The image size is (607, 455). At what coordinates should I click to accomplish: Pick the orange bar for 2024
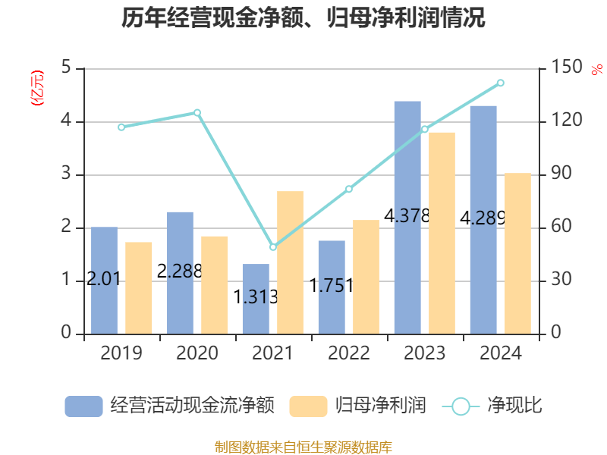click(517, 253)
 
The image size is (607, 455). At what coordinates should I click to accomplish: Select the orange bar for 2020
click(214, 284)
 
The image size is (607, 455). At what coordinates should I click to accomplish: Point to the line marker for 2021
click(273, 247)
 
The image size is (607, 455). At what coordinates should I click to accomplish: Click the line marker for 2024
click(501, 83)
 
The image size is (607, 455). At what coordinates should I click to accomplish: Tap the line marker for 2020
click(197, 113)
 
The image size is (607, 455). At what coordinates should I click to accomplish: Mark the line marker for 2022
click(349, 189)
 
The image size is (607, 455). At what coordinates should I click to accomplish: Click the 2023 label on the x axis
click(425, 353)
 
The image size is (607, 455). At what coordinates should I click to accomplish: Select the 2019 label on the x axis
click(121, 353)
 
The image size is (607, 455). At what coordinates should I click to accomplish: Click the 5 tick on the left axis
click(66, 68)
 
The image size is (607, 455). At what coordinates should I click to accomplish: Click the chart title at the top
click(303, 18)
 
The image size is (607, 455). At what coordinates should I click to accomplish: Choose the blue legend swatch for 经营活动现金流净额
click(83, 406)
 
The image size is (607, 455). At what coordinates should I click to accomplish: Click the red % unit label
click(596, 70)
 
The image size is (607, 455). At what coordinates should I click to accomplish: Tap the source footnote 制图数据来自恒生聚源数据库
click(303, 447)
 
